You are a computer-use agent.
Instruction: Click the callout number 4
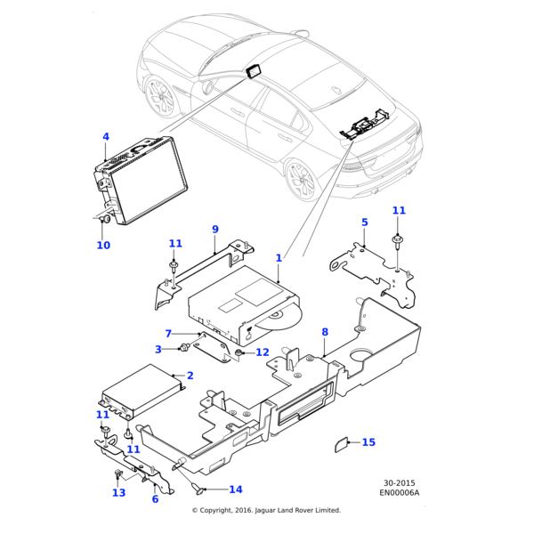coord(105,137)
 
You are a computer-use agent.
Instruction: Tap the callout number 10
coord(103,246)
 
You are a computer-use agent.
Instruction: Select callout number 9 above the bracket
coord(214,230)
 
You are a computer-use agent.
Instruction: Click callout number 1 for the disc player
coord(279,258)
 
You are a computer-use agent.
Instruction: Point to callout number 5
coord(364,222)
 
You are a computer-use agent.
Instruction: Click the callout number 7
coord(168,334)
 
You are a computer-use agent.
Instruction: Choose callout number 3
coord(158,350)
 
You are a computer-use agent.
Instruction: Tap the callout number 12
coord(262,352)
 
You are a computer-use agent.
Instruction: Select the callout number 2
coord(190,376)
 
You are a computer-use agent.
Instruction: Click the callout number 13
coord(119,493)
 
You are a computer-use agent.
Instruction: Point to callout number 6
coord(155,499)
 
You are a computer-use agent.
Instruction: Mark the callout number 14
coord(235,489)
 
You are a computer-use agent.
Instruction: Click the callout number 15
coord(368,442)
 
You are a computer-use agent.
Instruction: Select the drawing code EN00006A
coord(399,492)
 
